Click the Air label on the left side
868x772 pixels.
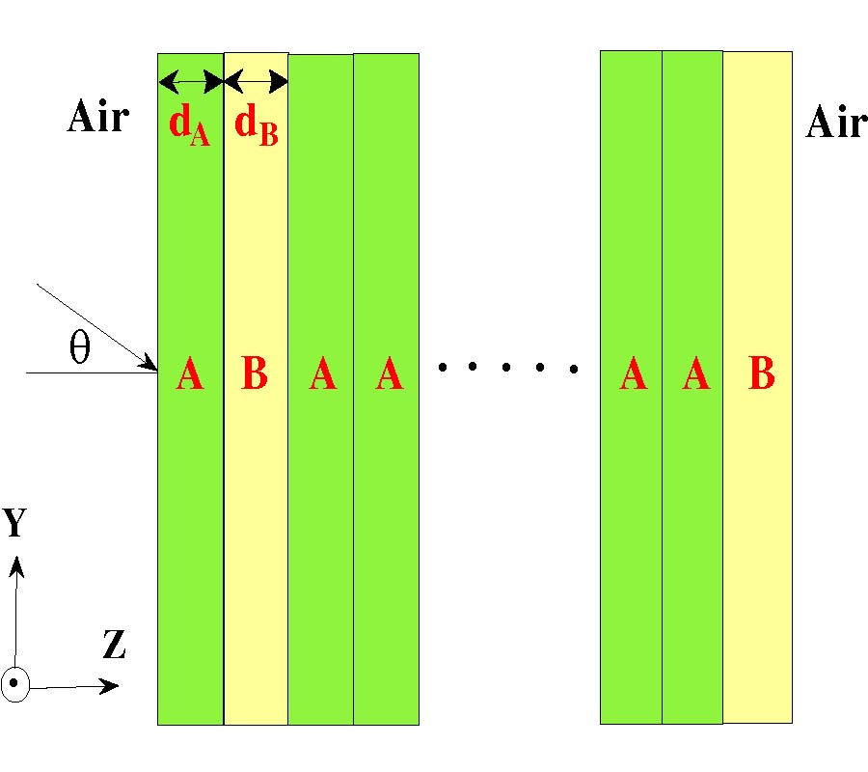click(x=97, y=118)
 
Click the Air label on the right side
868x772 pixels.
click(x=835, y=123)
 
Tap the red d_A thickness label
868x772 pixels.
click(x=189, y=128)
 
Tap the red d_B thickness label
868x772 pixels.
click(x=256, y=128)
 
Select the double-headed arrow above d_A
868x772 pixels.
click(x=191, y=81)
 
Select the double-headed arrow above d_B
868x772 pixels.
click(x=256, y=81)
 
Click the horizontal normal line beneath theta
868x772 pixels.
click(x=87, y=372)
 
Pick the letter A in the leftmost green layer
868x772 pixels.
click(x=190, y=374)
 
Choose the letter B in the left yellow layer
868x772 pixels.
click(x=255, y=374)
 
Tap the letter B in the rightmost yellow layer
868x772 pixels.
click(x=761, y=374)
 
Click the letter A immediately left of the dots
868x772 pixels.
click(x=389, y=374)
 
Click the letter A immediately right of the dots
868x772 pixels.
click(x=633, y=374)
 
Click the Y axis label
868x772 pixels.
click(x=14, y=522)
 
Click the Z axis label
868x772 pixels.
click(x=114, y=645)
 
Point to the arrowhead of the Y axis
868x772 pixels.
click(x=16, y=565)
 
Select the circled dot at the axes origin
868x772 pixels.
click(x=15, y=685)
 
